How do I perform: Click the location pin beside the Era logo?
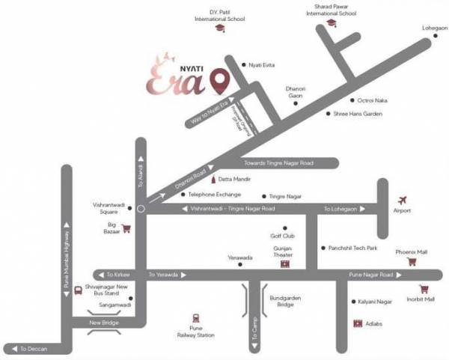click(x=219, y=79)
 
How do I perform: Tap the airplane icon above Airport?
click(x=403, y=200)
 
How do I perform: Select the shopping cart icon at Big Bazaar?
click(x=126, y=228)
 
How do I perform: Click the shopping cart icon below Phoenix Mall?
click(x=411, y=262)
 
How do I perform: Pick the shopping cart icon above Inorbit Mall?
click(x=424, y=289)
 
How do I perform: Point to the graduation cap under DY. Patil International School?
click(x=219, y=28)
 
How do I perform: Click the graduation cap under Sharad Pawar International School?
click(x=332, y=23)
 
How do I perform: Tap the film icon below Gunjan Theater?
click(x=284, y=264)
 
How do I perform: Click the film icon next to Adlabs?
click(x=358, y=323)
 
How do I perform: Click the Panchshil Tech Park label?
click(x=352, y=248)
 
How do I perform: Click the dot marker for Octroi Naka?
click(x=351, y=100)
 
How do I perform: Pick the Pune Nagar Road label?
click(x=370, y=275)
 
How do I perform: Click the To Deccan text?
click(x=34, y=349)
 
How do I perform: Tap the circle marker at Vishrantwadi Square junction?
click(x=140, y=209)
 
